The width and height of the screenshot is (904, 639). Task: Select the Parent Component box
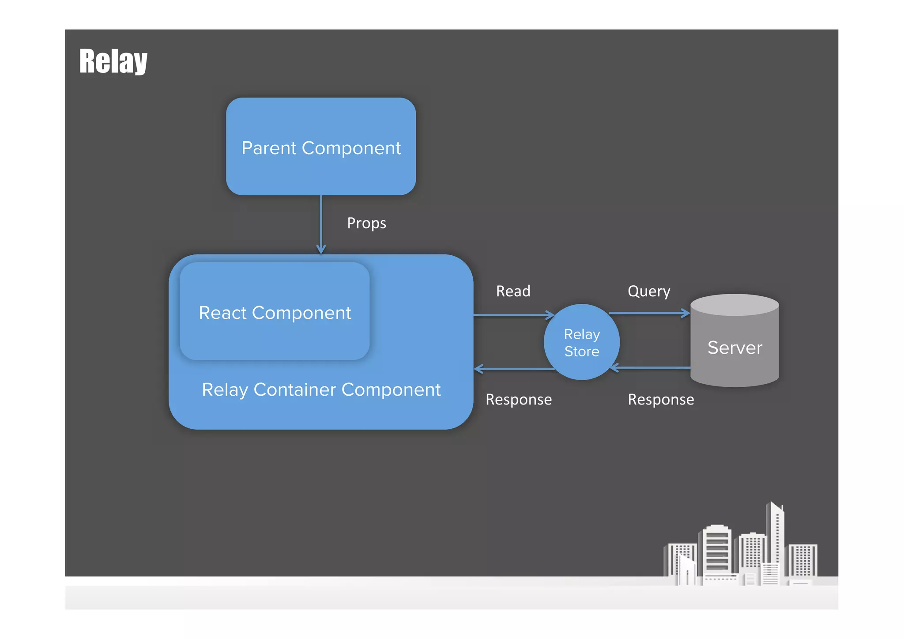click(x=321, y=146)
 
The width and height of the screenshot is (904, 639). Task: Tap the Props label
click(x=366, y=223)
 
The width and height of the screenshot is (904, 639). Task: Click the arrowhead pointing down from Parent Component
click(x=321, y=249)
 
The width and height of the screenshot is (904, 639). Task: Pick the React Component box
click(x=275, y=312)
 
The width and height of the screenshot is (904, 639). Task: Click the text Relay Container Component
click(x=321, y=389)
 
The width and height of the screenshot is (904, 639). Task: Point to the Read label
click(x=513, y=291)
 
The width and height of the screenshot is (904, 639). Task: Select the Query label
click(x=649, y=291)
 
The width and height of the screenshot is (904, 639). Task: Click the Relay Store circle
click(x=582, y=342)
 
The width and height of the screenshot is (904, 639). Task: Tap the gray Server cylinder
click(x=734, y=349)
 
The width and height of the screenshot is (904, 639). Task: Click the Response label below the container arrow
click(x=519, y=399)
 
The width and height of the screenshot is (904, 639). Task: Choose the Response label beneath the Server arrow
click(x=661, y=399)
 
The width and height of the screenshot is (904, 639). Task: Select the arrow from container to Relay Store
click(x=512, y=315)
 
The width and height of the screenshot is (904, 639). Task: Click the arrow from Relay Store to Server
click(x=649, y=313)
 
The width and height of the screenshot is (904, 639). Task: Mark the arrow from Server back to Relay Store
click(x=651, y=367)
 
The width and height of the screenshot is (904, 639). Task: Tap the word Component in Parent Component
click(x=351, y=148)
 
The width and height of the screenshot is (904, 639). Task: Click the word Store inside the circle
click(x=582, y=352)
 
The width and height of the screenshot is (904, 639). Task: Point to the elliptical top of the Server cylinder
click(x=734, y=305)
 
